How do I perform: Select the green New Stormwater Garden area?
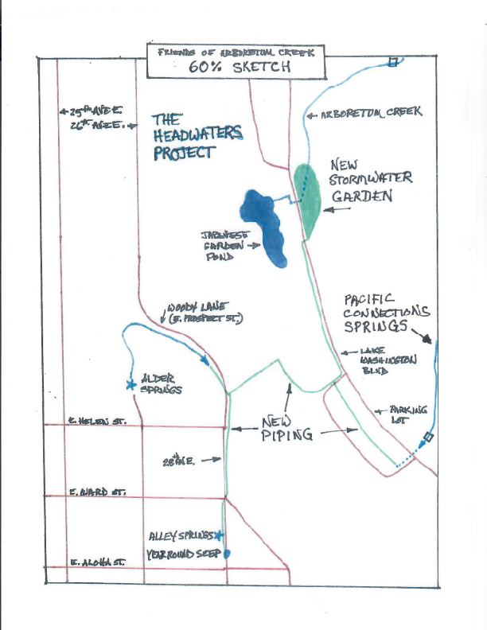tap(307, 199)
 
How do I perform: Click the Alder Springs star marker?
tap(130, 384)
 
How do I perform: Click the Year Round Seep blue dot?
tap(227, 554)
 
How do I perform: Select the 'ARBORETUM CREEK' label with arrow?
tap(369, 114)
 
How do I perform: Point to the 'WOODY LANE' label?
tap(205, 311)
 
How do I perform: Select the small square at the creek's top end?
tap(392, 61)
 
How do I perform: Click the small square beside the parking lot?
tap(428, 437)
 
